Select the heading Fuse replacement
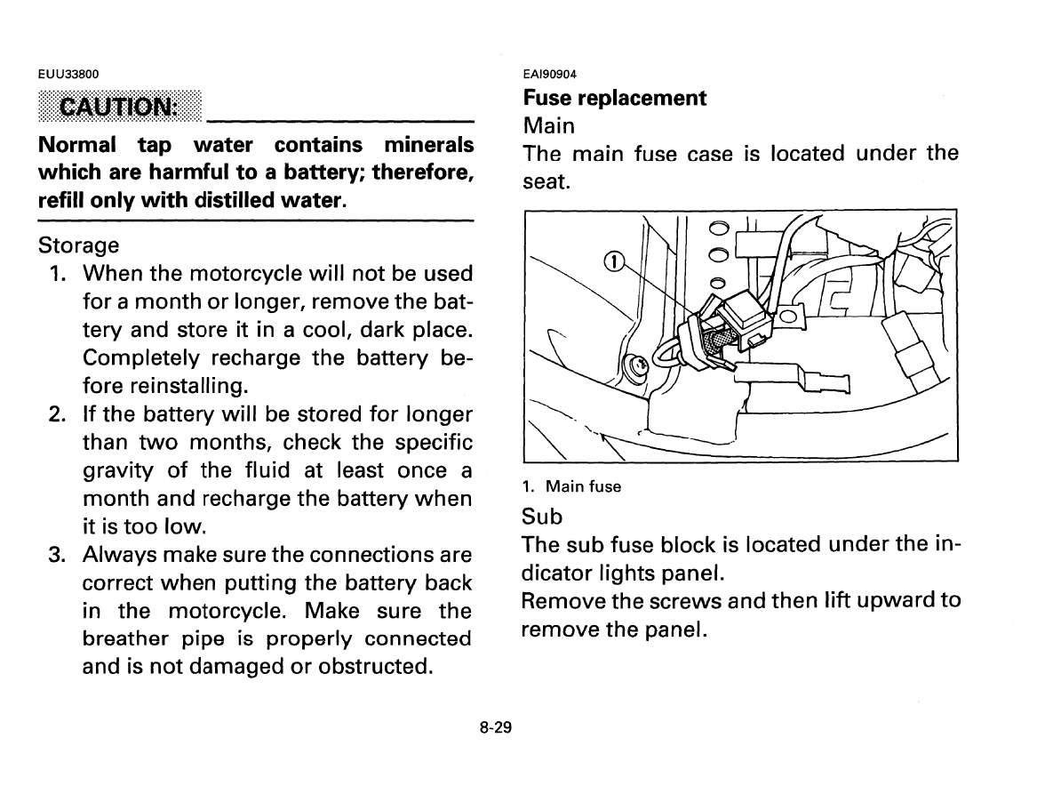pyautogui.click(x=615, y=98)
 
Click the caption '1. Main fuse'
pyautogui.click(x=571, y=486)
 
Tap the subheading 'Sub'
pyautogui.click(x=543, y=516)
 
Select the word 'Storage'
pyautogui.click(x=79, y=245)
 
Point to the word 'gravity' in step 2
pyautogui.click(x=119, y=470)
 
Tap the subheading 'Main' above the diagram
pyautogui.click(x=549, y=125)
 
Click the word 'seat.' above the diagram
pyautogui.click(x=546, y=181)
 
